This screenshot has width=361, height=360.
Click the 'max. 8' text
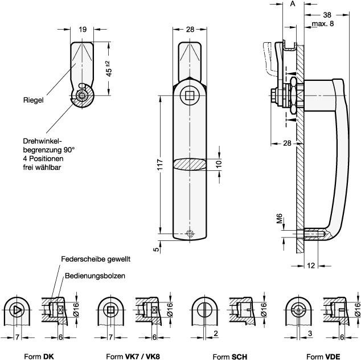click(x=323, y=23)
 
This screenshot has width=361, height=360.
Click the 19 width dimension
click(x=82, y=30)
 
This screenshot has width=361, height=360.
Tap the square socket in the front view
click(x=190, y=96)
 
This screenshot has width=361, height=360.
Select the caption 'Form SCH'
click(x=229, y=357)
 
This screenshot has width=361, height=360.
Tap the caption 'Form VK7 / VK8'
click(x=133, y=357)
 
